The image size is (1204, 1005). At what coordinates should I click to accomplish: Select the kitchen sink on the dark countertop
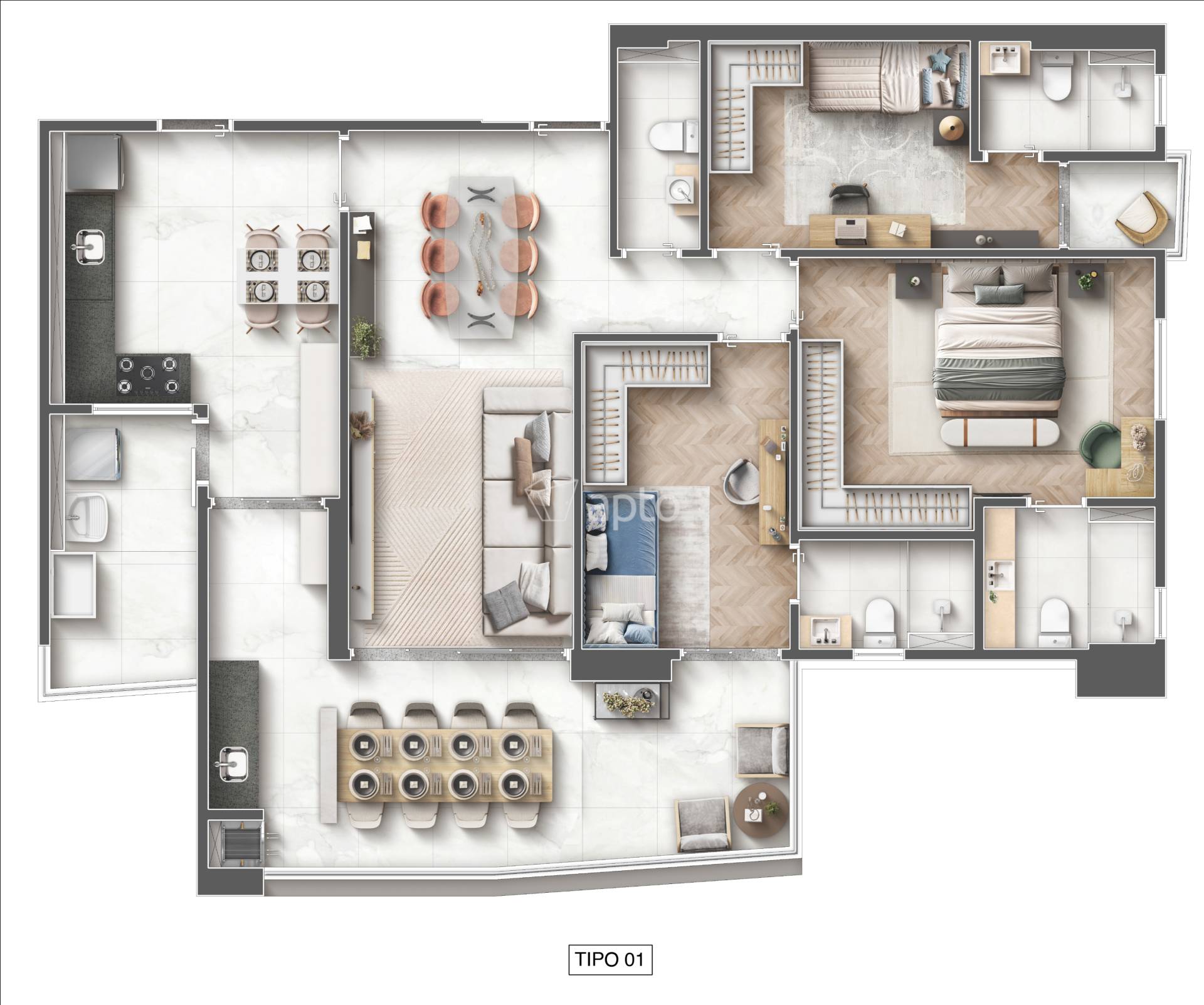click(x=90, y=246)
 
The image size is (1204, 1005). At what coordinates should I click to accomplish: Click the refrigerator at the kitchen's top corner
click(x=94, y=162)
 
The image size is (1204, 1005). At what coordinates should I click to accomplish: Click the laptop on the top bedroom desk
click(x=850, y=230)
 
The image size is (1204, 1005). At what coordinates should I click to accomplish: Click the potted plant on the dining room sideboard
click(x=366, y=338)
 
